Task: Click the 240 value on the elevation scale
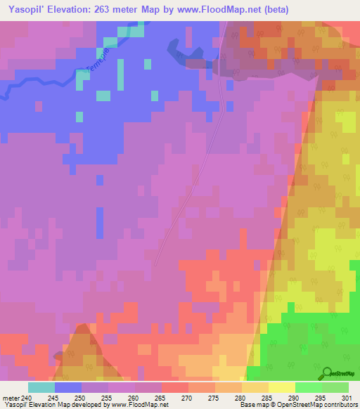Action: pyautogui.click(x=27, y=397)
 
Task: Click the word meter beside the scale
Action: pyautogui.click(x=11, y=397)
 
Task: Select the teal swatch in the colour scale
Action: pyautogui.click(x=41, y=387)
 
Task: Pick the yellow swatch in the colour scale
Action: pyautogui.click(x=281, y=387)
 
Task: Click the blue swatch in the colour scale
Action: pyautogui.click(x=68, y=387)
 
